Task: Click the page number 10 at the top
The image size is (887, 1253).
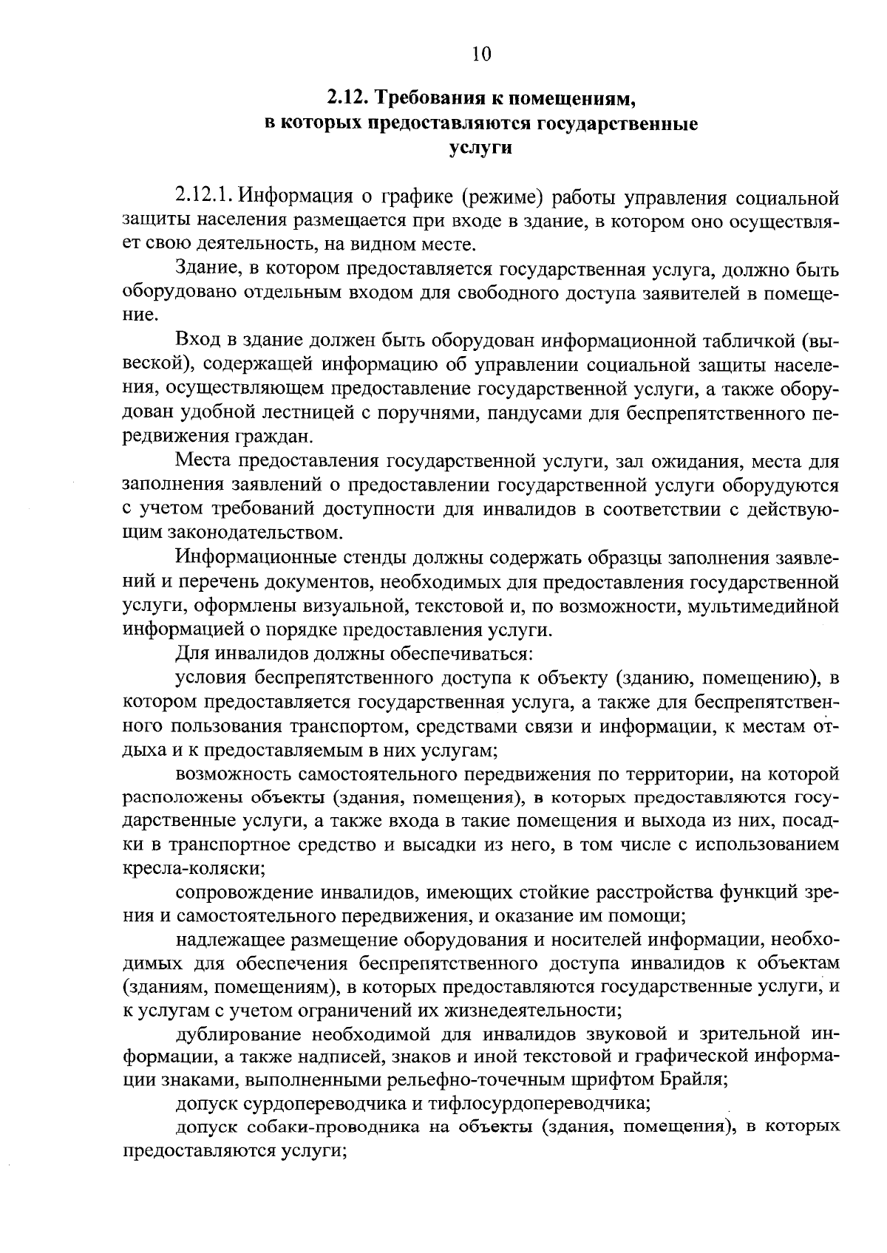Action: pyautogui.click(x=480, y=53)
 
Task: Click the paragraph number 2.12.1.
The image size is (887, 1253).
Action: pyautogui.click(x=205, y=197)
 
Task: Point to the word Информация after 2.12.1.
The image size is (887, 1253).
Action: pyautogui.click(x=298, y=197)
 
